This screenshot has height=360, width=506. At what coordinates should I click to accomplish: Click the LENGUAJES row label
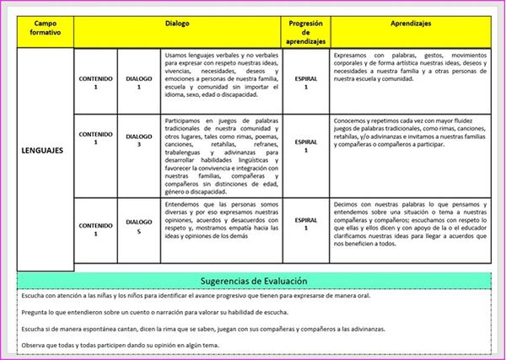pos(41,153)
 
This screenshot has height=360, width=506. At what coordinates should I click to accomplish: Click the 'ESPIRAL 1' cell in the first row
pos(305,82)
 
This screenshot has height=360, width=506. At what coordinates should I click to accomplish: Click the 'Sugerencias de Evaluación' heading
pos(253,281)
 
